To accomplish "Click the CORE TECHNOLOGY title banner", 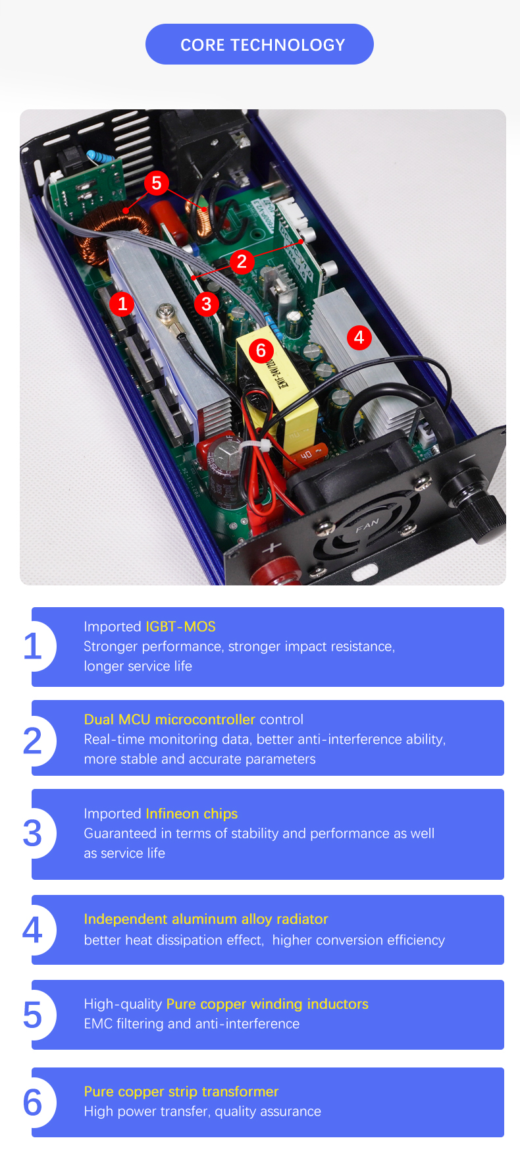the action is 259,44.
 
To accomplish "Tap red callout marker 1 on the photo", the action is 122,304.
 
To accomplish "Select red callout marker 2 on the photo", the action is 242,261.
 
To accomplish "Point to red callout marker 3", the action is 207,304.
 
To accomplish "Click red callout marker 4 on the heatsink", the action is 359,338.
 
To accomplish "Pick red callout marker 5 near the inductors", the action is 156,182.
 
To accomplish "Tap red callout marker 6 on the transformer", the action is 261,350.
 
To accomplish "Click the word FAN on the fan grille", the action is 367,526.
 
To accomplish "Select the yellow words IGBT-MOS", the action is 180,627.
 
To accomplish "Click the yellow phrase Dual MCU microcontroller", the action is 169,719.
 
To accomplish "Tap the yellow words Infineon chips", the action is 192,814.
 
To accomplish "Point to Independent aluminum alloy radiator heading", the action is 206,919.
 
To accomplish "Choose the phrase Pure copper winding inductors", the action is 267,1004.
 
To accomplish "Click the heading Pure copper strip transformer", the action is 181,1092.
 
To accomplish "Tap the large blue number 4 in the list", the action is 32,930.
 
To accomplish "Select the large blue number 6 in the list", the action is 32,1102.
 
